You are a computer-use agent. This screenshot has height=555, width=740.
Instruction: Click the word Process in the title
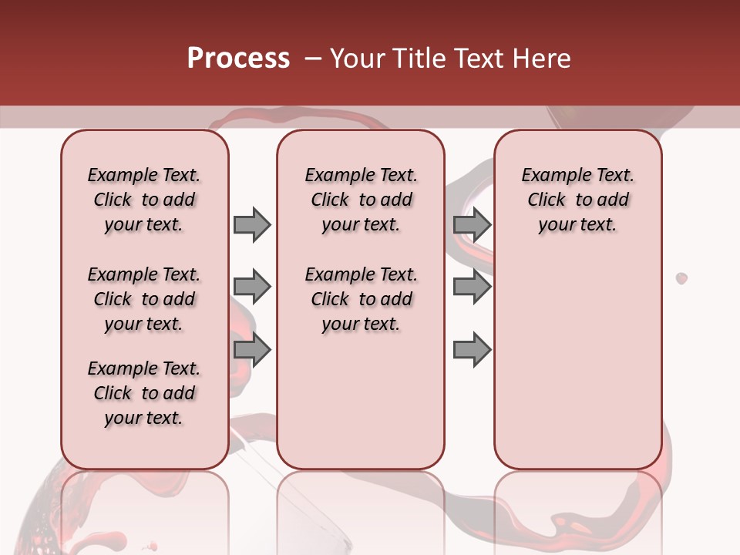[x=237, y=59]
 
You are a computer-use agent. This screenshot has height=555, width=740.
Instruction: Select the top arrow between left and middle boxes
[x=252, y=224]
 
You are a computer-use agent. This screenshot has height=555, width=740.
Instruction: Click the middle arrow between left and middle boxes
[x=252, y=287]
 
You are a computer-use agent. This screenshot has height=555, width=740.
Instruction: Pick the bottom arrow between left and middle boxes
[x=252, y=350]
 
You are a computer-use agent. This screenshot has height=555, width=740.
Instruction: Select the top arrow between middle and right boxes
[x=472, y=224]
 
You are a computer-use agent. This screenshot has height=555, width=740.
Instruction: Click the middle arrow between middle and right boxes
[x=472, y=287]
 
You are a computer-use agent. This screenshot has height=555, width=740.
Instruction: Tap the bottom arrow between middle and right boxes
[x=472, y=350]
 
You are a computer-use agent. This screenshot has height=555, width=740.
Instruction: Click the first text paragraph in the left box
[x=144, y=200]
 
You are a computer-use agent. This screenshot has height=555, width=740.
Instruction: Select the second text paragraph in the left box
[x=144, y=299]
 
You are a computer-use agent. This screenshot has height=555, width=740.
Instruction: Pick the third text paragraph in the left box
[x=144, y=393]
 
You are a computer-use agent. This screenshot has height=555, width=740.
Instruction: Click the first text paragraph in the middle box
[x=361, y=200]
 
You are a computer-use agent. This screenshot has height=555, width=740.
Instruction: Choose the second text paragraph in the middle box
[x=361, y=299]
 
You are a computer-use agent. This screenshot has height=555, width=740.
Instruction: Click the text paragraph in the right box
[x=577, y=200]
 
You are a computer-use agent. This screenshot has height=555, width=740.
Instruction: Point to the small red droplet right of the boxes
[x=681, y=277]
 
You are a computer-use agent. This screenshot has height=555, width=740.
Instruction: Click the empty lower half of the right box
[x=577, y=370]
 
